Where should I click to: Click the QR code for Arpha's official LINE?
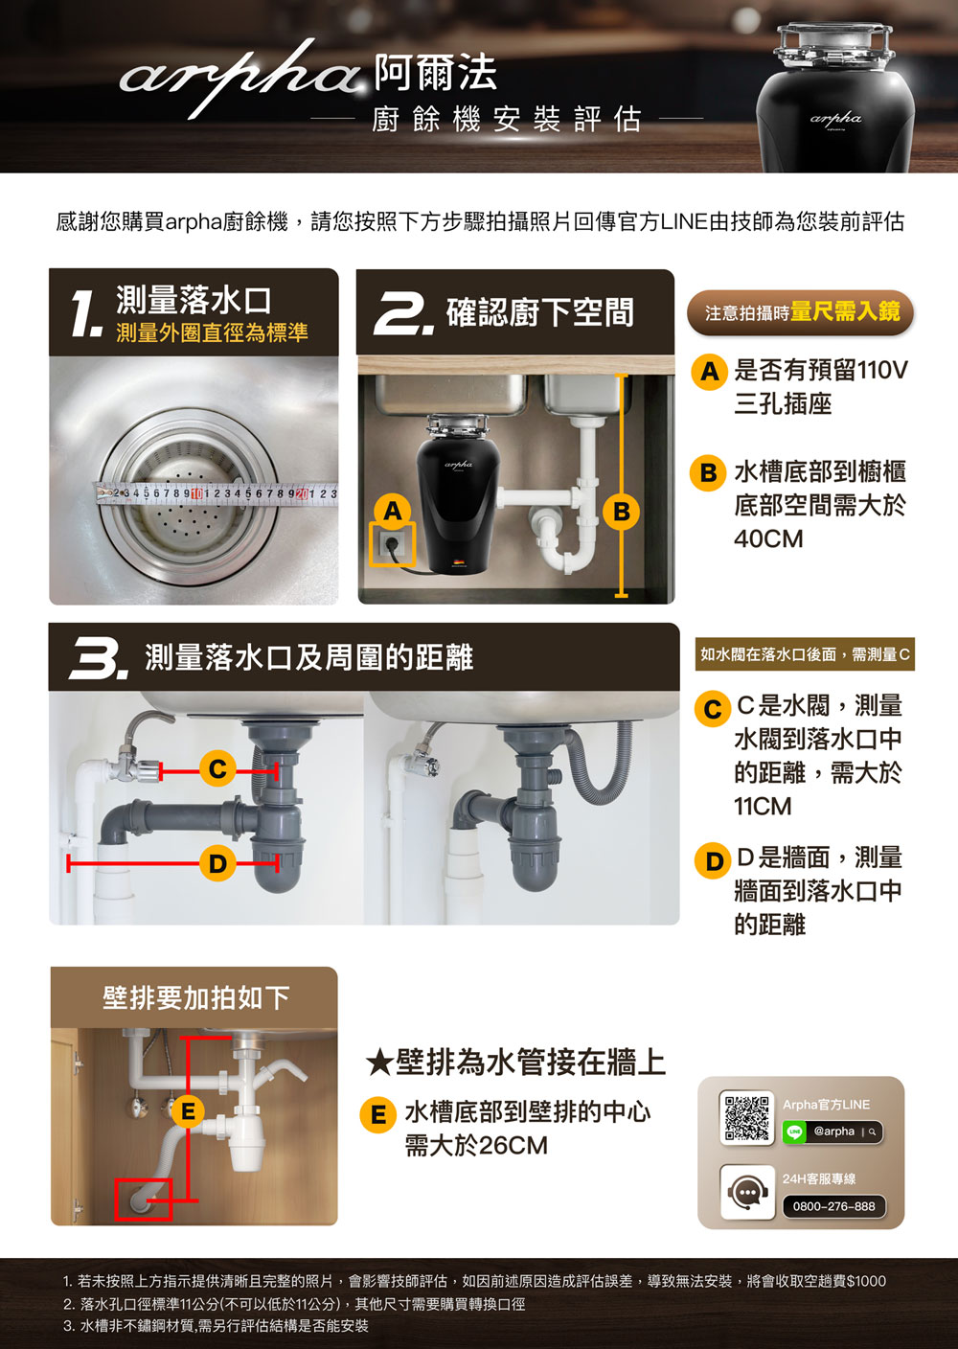(746, 1118)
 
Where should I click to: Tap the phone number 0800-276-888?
(834, 1206)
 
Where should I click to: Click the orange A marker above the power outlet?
(393, 512)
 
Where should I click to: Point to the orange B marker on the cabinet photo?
(622, 512)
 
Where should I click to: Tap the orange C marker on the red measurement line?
(217, 769)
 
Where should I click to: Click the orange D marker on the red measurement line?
(217, 863)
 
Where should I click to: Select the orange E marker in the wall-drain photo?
(189, 1111)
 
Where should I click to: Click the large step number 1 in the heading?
(85, 313)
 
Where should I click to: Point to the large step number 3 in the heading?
(99, 658)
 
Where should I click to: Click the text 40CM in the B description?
(768, 539)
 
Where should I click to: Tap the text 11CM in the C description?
(763, 807)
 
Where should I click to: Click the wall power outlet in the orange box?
(392, 544)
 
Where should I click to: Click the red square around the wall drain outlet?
(144, 1199)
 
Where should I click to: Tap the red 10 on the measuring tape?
(196, 493)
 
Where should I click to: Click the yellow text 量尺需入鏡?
(845, 311)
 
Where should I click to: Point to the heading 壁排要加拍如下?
(195, 997)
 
